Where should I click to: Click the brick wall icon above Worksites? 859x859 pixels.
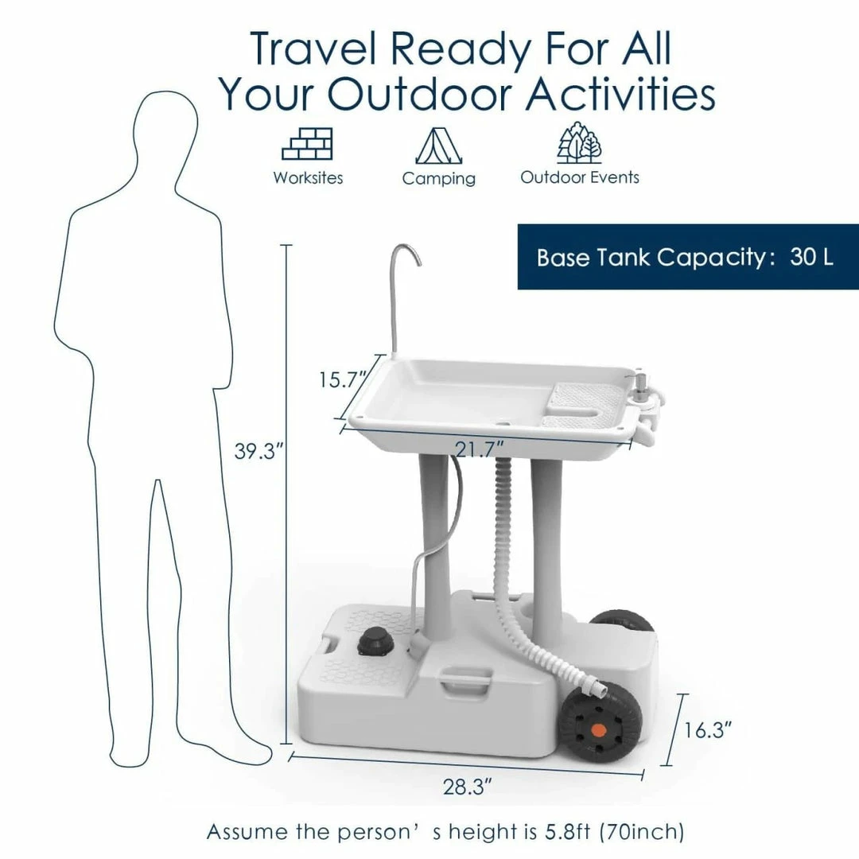click(x=307, y=143)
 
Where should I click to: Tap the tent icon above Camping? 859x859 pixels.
click(x=438, y=146)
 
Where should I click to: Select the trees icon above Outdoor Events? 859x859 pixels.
click(x=579, y=142)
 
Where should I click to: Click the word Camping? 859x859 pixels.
click(x=439, y=179)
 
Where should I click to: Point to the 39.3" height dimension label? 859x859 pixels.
click(x=258, y=452)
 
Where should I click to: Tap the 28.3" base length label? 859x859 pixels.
click(x=468, y=787)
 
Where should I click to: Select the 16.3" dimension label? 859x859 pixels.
click(x=708, y=729)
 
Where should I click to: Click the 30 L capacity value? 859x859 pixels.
click(x=811, y=256)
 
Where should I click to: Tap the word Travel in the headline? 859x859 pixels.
click(x=313, y=50)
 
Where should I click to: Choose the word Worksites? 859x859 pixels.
click(x=308, y=177)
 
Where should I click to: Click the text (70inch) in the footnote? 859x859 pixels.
click(x=642, y=831)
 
